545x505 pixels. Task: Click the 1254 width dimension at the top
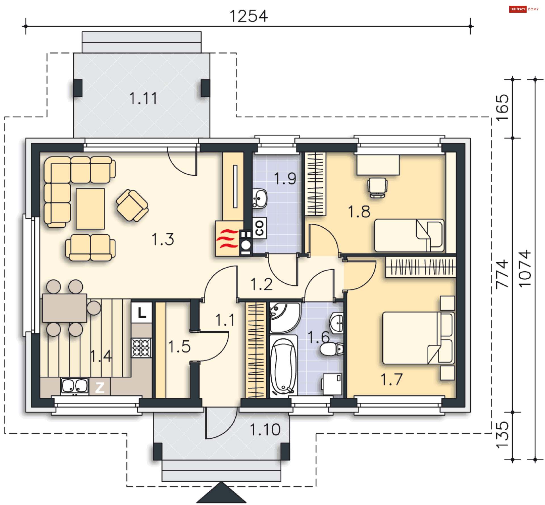(x=248, y=16)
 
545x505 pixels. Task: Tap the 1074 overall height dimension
(x=525, y=269)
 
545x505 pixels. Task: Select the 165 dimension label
(x=502, y=108)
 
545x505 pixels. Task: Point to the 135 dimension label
(x=502, y=435)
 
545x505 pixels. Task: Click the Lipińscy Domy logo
(x=524, y=9)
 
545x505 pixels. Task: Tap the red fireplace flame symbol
(x=227, y=239)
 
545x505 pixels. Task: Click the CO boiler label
(x=259, y=228)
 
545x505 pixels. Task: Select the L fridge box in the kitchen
(x=142, y=312)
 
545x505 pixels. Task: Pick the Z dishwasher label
(x=100, y=387)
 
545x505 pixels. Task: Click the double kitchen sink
(x=75, y=386)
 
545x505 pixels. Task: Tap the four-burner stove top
(x=141, y=348)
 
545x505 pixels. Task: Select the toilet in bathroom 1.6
(x=331, y=349)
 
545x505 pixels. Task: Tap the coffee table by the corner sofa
(x=90, y=209)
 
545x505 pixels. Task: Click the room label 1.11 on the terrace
(x=143, y=99)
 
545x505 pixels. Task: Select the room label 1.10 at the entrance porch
(x=265, y=429)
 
